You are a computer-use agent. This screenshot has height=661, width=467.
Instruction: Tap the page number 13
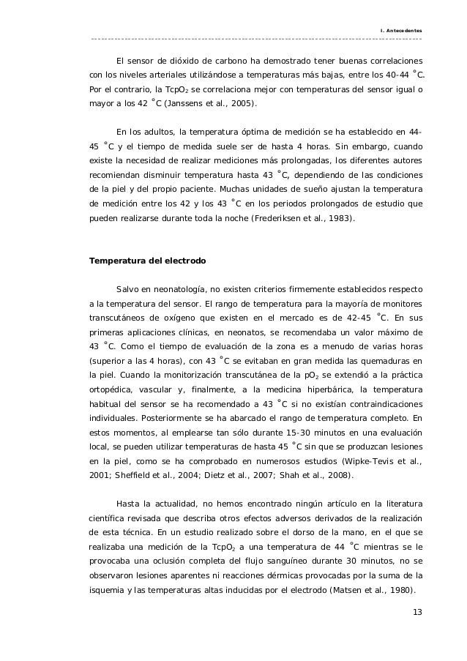click(x=416, y=612)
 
